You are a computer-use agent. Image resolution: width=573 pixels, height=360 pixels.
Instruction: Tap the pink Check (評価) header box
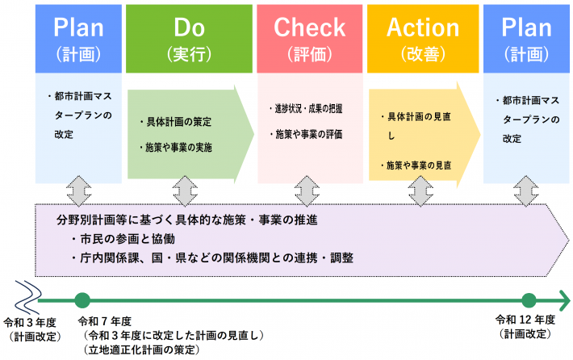309,39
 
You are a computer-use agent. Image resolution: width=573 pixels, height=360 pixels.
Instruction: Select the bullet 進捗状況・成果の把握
306,107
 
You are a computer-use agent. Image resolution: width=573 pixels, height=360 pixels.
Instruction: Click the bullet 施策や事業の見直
416,165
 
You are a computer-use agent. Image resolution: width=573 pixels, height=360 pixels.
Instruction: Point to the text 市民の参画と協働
123,241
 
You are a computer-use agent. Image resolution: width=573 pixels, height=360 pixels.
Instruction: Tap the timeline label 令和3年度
30,320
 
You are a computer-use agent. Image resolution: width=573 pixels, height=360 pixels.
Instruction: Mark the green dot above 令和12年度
529,300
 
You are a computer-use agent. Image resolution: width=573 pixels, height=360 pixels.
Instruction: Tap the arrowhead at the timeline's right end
565,300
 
